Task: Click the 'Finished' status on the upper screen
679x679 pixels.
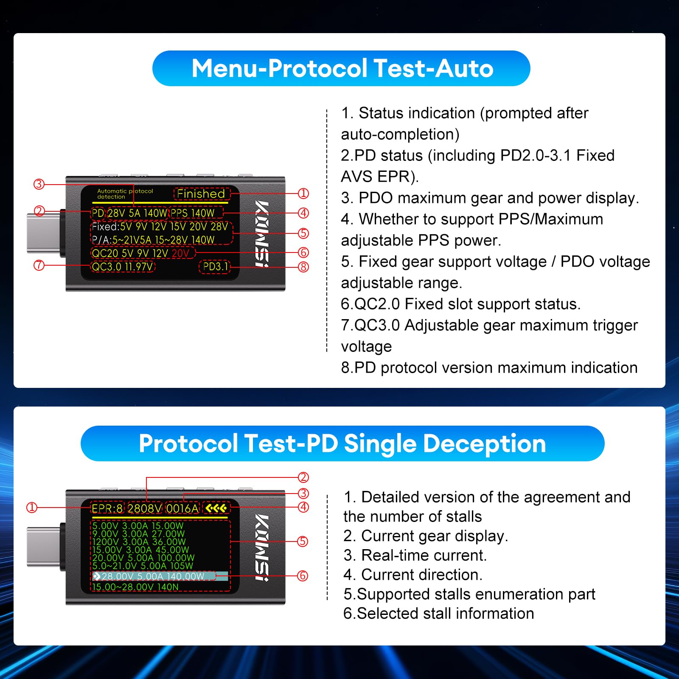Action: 201,194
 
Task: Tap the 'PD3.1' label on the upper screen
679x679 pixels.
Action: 215,267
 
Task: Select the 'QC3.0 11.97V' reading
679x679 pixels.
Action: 123,267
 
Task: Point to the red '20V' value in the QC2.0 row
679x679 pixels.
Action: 181,253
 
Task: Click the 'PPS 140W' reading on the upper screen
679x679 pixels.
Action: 193,213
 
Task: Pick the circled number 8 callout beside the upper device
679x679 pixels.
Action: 303,267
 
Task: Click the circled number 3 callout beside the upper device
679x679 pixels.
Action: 39,184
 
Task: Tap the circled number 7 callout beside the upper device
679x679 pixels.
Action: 39,266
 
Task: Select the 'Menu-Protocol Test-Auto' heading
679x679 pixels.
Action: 342,68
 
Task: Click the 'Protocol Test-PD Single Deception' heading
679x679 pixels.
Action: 342,443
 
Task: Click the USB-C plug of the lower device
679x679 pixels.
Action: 43,547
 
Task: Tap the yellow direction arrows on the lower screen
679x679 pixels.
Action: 216,508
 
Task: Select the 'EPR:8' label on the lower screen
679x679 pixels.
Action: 107,508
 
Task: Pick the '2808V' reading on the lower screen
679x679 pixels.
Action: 145,508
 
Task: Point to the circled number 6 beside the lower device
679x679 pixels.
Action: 303,576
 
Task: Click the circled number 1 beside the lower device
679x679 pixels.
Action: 32,508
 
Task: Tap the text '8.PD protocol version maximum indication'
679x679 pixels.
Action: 489,368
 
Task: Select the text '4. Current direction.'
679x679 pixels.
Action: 413,575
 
